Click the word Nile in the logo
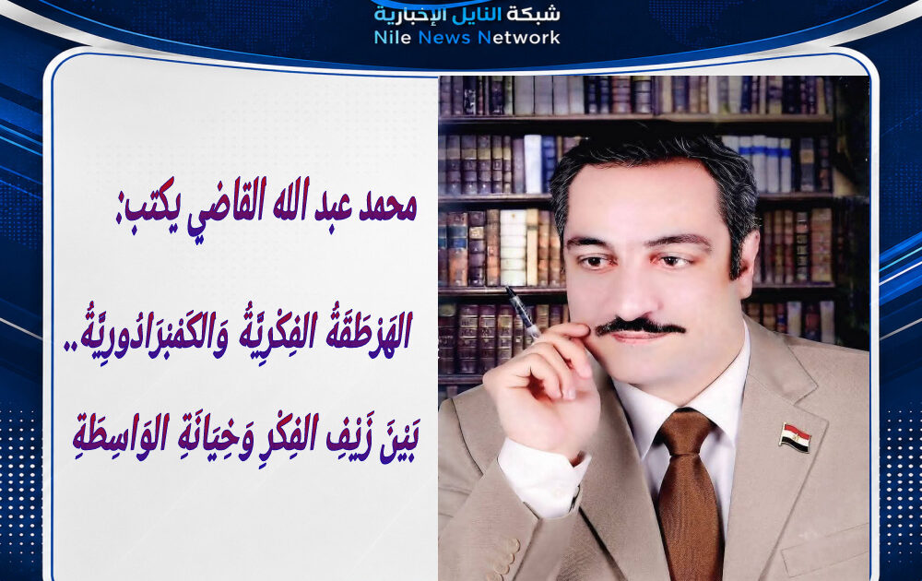[393, 38]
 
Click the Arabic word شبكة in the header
[534, 14]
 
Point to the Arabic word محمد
[387, 207]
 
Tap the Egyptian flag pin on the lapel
[795, 437]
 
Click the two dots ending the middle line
[71, 350]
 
